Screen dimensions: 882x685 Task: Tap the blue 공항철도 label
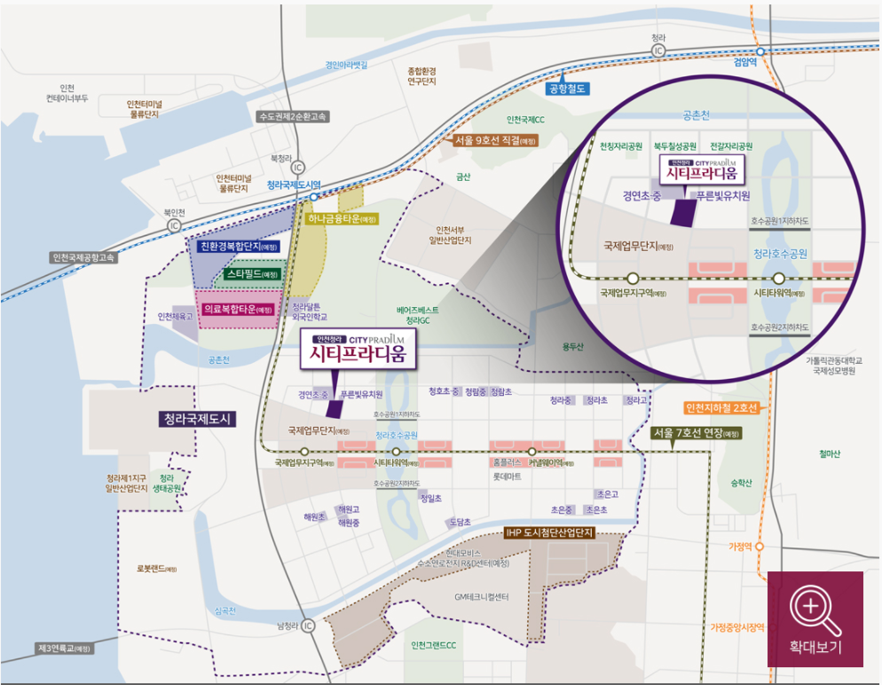568,88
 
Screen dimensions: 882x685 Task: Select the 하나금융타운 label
342,219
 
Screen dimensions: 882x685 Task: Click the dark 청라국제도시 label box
197,420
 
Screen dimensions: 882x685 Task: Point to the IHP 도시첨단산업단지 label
548,533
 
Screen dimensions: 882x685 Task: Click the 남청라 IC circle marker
308,626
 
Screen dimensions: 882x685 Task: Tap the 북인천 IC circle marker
173,225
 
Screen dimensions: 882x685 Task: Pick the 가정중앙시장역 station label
736,627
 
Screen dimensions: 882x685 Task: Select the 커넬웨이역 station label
550,463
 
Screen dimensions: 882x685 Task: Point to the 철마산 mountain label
830,453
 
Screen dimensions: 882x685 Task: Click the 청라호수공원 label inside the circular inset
781,253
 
